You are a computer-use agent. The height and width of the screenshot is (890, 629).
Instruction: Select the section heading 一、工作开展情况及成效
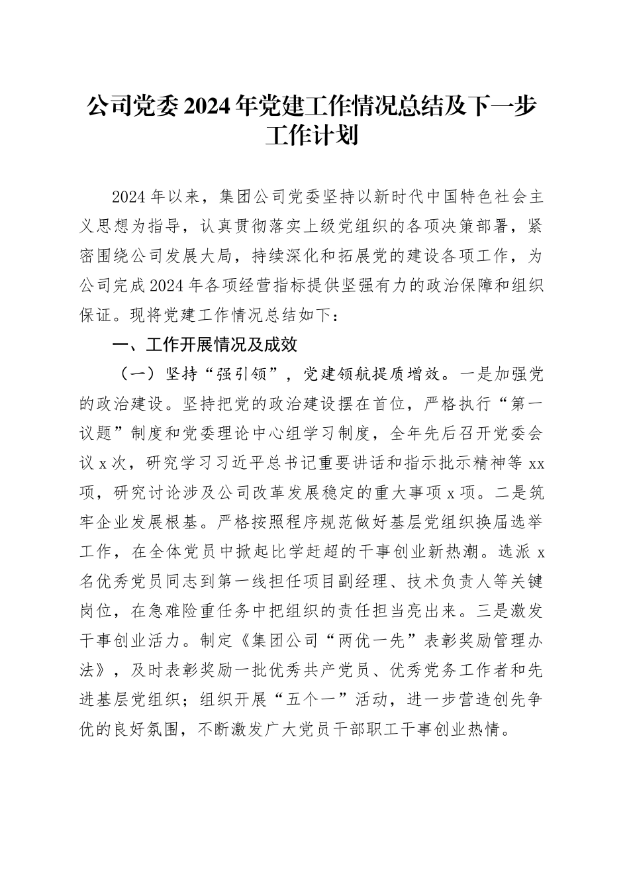[x=205, y=345]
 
